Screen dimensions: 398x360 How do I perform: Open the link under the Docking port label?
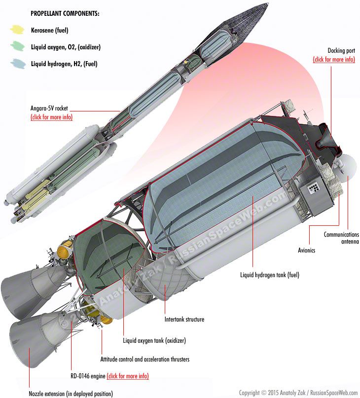click(334, 59)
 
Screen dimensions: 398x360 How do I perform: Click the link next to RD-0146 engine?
click(128, 376)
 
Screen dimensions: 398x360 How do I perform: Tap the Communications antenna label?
click(341, 238)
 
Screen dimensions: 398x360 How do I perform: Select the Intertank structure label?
click(184, 319)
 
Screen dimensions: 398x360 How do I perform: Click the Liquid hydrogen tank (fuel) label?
click(270, 275)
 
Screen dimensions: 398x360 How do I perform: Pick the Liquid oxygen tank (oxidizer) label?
click(154, 340)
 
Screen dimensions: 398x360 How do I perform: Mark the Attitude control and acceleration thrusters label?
click(144, 359)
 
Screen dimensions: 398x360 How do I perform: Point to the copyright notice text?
click(298, 393)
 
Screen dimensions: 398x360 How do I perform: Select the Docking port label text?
click(341, 51)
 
